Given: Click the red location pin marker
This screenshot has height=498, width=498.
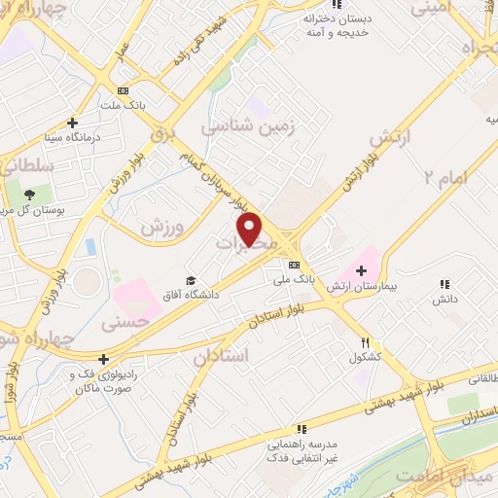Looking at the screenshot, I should pyautogui.click(x=251, y=229).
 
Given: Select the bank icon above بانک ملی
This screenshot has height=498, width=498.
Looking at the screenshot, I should pyautogui.click(x=293, y=264).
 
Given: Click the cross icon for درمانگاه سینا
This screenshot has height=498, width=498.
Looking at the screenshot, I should pyautogui.click(x=73, y=123).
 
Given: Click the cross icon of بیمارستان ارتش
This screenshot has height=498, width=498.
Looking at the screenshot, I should pyautogui.click(x=363, y=270).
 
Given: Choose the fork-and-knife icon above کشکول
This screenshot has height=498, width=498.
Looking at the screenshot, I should pyautogui.click(x=366, y=342).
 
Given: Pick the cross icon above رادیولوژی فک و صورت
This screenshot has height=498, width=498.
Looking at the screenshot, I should pyautogui.click(x=104, y=359).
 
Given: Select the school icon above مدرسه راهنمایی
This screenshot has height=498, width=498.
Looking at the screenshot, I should pyautogui.click(x=302, y=427).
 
